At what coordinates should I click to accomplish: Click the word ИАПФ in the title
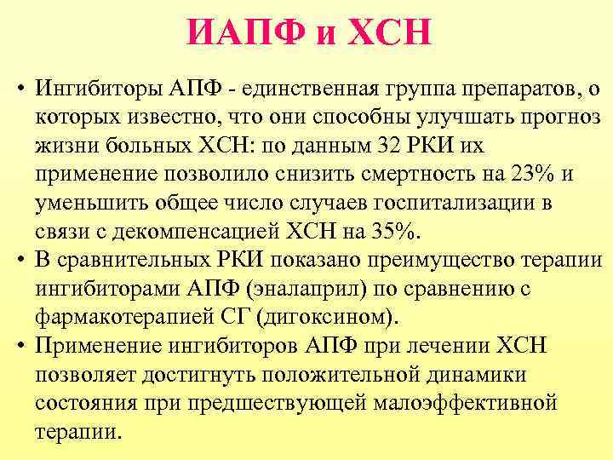[x=236, y=35]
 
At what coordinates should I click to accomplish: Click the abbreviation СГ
[x=234, y=318]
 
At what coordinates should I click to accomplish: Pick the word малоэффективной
[x=462, y=405]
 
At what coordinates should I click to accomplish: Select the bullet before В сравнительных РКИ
[x=18, y=260]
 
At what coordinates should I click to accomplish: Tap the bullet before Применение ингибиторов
[x=18, y=347]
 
